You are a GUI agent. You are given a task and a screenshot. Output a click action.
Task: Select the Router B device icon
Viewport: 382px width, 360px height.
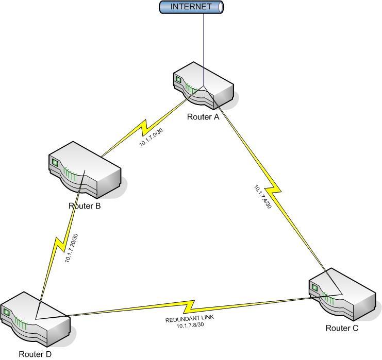[x=85, y=173]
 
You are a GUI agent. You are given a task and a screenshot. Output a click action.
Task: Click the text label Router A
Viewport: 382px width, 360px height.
[x=203, y=117]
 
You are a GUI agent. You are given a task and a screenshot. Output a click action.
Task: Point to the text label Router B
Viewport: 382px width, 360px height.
[x=84, y=207]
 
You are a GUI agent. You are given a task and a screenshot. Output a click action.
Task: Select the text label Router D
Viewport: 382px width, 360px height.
[x=35, y=354]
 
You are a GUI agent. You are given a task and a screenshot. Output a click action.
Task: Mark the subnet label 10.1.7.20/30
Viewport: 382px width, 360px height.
[x=72, y=248]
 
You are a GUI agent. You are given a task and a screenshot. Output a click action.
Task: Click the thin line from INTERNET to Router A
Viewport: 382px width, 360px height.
[x=204, y=46]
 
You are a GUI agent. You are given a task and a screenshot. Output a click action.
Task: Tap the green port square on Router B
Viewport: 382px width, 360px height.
[x=55, y=163]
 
